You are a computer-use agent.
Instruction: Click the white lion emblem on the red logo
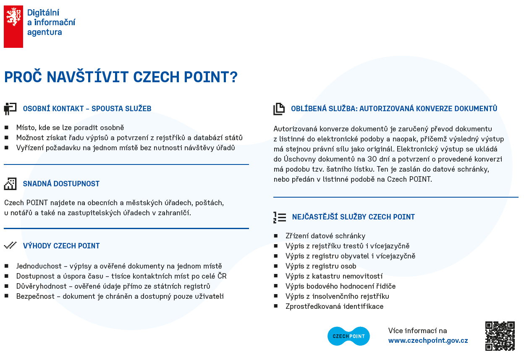pos(13,16)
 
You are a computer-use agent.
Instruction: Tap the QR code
pos(500,336)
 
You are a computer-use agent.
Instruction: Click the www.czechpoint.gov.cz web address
pos(428,340)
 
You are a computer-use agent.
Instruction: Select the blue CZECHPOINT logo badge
pos(348,336)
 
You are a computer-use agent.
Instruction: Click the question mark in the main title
pos(233,77)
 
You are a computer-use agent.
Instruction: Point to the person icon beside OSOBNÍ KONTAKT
pos(10,109)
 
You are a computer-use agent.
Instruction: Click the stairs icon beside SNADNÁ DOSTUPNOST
pos(10,184)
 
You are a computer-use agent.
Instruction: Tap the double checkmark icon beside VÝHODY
pos(10,245)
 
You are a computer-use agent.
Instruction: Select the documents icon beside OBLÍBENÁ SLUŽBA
pos(279,109)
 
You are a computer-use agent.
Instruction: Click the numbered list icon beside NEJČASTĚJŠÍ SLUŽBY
pos(280,217)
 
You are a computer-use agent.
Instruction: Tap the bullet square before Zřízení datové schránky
pos(276,236)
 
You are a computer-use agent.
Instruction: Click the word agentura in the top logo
pos(45,32)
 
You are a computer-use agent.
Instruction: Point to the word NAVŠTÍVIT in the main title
pos(88,77)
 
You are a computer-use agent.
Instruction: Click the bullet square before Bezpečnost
pos(7,296)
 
